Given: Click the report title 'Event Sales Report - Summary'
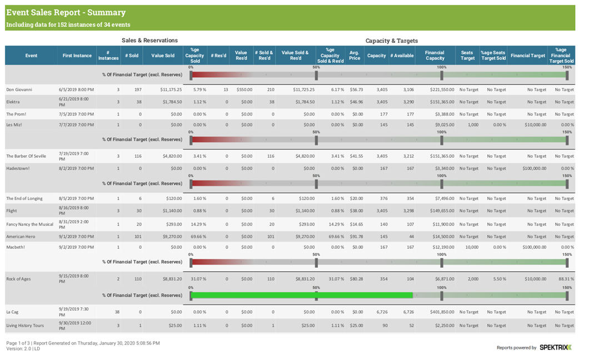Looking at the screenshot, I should tap(66, 12).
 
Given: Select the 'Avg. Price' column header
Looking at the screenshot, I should tap(355, 56).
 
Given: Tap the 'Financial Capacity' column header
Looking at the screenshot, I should tap(435, 56).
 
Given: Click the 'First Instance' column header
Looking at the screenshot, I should tap(77, 56).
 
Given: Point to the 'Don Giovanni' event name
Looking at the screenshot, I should tap(20, 89).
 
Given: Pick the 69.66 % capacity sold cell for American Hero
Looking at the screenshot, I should tap(198, 237).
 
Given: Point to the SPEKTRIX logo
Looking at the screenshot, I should tap(555, 347).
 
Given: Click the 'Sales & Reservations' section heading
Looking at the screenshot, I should tap(149, 41).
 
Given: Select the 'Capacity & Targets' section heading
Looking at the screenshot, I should tap(392, 41).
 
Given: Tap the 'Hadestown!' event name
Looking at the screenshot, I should tap(18, 168).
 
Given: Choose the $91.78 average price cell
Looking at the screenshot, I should tap(356, 237).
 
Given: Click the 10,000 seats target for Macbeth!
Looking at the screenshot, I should tap(471, 247).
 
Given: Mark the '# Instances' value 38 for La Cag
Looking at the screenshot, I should tap(117, 312).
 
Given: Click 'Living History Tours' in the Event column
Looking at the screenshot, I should tap(25, 326).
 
